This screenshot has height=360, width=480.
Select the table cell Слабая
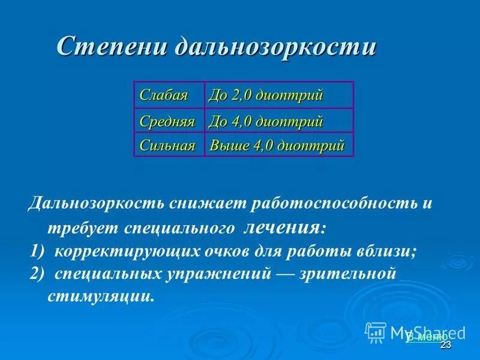[164, 95]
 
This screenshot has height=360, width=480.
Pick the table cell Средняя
[167, 121]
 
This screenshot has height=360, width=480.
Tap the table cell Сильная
[167, 145]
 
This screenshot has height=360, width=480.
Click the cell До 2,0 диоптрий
[266, 95]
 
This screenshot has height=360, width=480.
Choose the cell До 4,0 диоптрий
[266, 121]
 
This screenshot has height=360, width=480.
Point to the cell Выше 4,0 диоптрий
[277, 145]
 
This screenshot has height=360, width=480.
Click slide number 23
[445, 346]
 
